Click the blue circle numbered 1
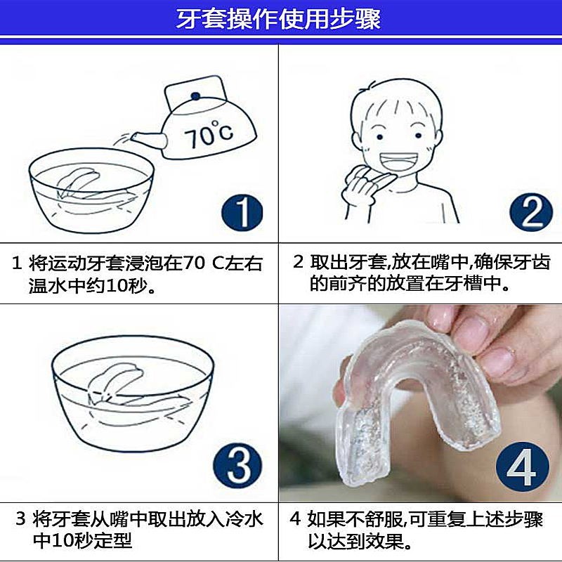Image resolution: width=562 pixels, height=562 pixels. (x=240, y=212)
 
